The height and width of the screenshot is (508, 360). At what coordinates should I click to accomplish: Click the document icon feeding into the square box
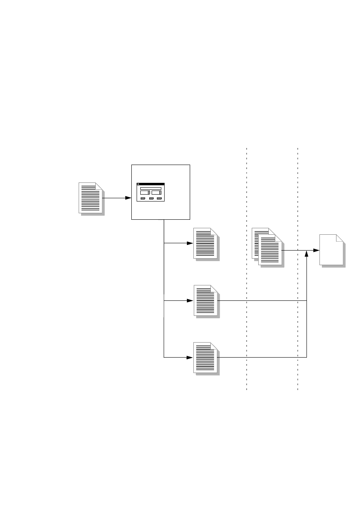[90, 198]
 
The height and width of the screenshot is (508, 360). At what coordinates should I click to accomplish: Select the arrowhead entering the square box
[128, 198]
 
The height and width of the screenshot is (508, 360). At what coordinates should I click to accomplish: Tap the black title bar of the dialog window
[150, 184]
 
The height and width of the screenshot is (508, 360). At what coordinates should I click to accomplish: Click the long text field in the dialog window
[150, 188]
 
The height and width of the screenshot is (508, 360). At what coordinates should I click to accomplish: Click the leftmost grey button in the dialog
[143, 199]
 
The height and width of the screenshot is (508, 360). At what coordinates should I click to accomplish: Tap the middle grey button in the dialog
[151, 199]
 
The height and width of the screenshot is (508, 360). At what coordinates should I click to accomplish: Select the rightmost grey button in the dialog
[159, 199]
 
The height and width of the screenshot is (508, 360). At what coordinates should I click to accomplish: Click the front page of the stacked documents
[270, 251]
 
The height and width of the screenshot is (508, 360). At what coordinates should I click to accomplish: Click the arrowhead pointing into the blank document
[316, 251]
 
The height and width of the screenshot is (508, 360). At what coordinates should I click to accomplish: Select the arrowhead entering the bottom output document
[189, 358]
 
